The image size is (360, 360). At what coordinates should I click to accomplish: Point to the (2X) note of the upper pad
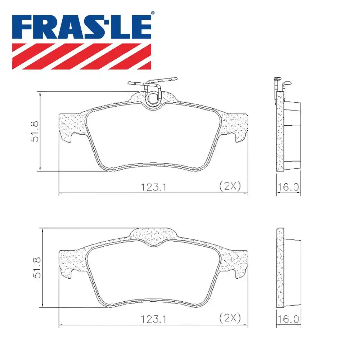click(229, 186)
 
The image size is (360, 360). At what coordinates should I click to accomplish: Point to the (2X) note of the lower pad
click(229, 318)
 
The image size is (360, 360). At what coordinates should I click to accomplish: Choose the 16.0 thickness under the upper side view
click(288, 187)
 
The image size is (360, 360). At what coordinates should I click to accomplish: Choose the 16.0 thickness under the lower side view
click(288, 319)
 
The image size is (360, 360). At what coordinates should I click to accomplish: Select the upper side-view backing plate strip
click(280, 131)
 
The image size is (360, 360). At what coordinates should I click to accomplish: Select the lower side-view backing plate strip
click(280, 268)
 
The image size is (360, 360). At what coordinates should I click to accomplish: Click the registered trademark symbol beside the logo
click(153, 13)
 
